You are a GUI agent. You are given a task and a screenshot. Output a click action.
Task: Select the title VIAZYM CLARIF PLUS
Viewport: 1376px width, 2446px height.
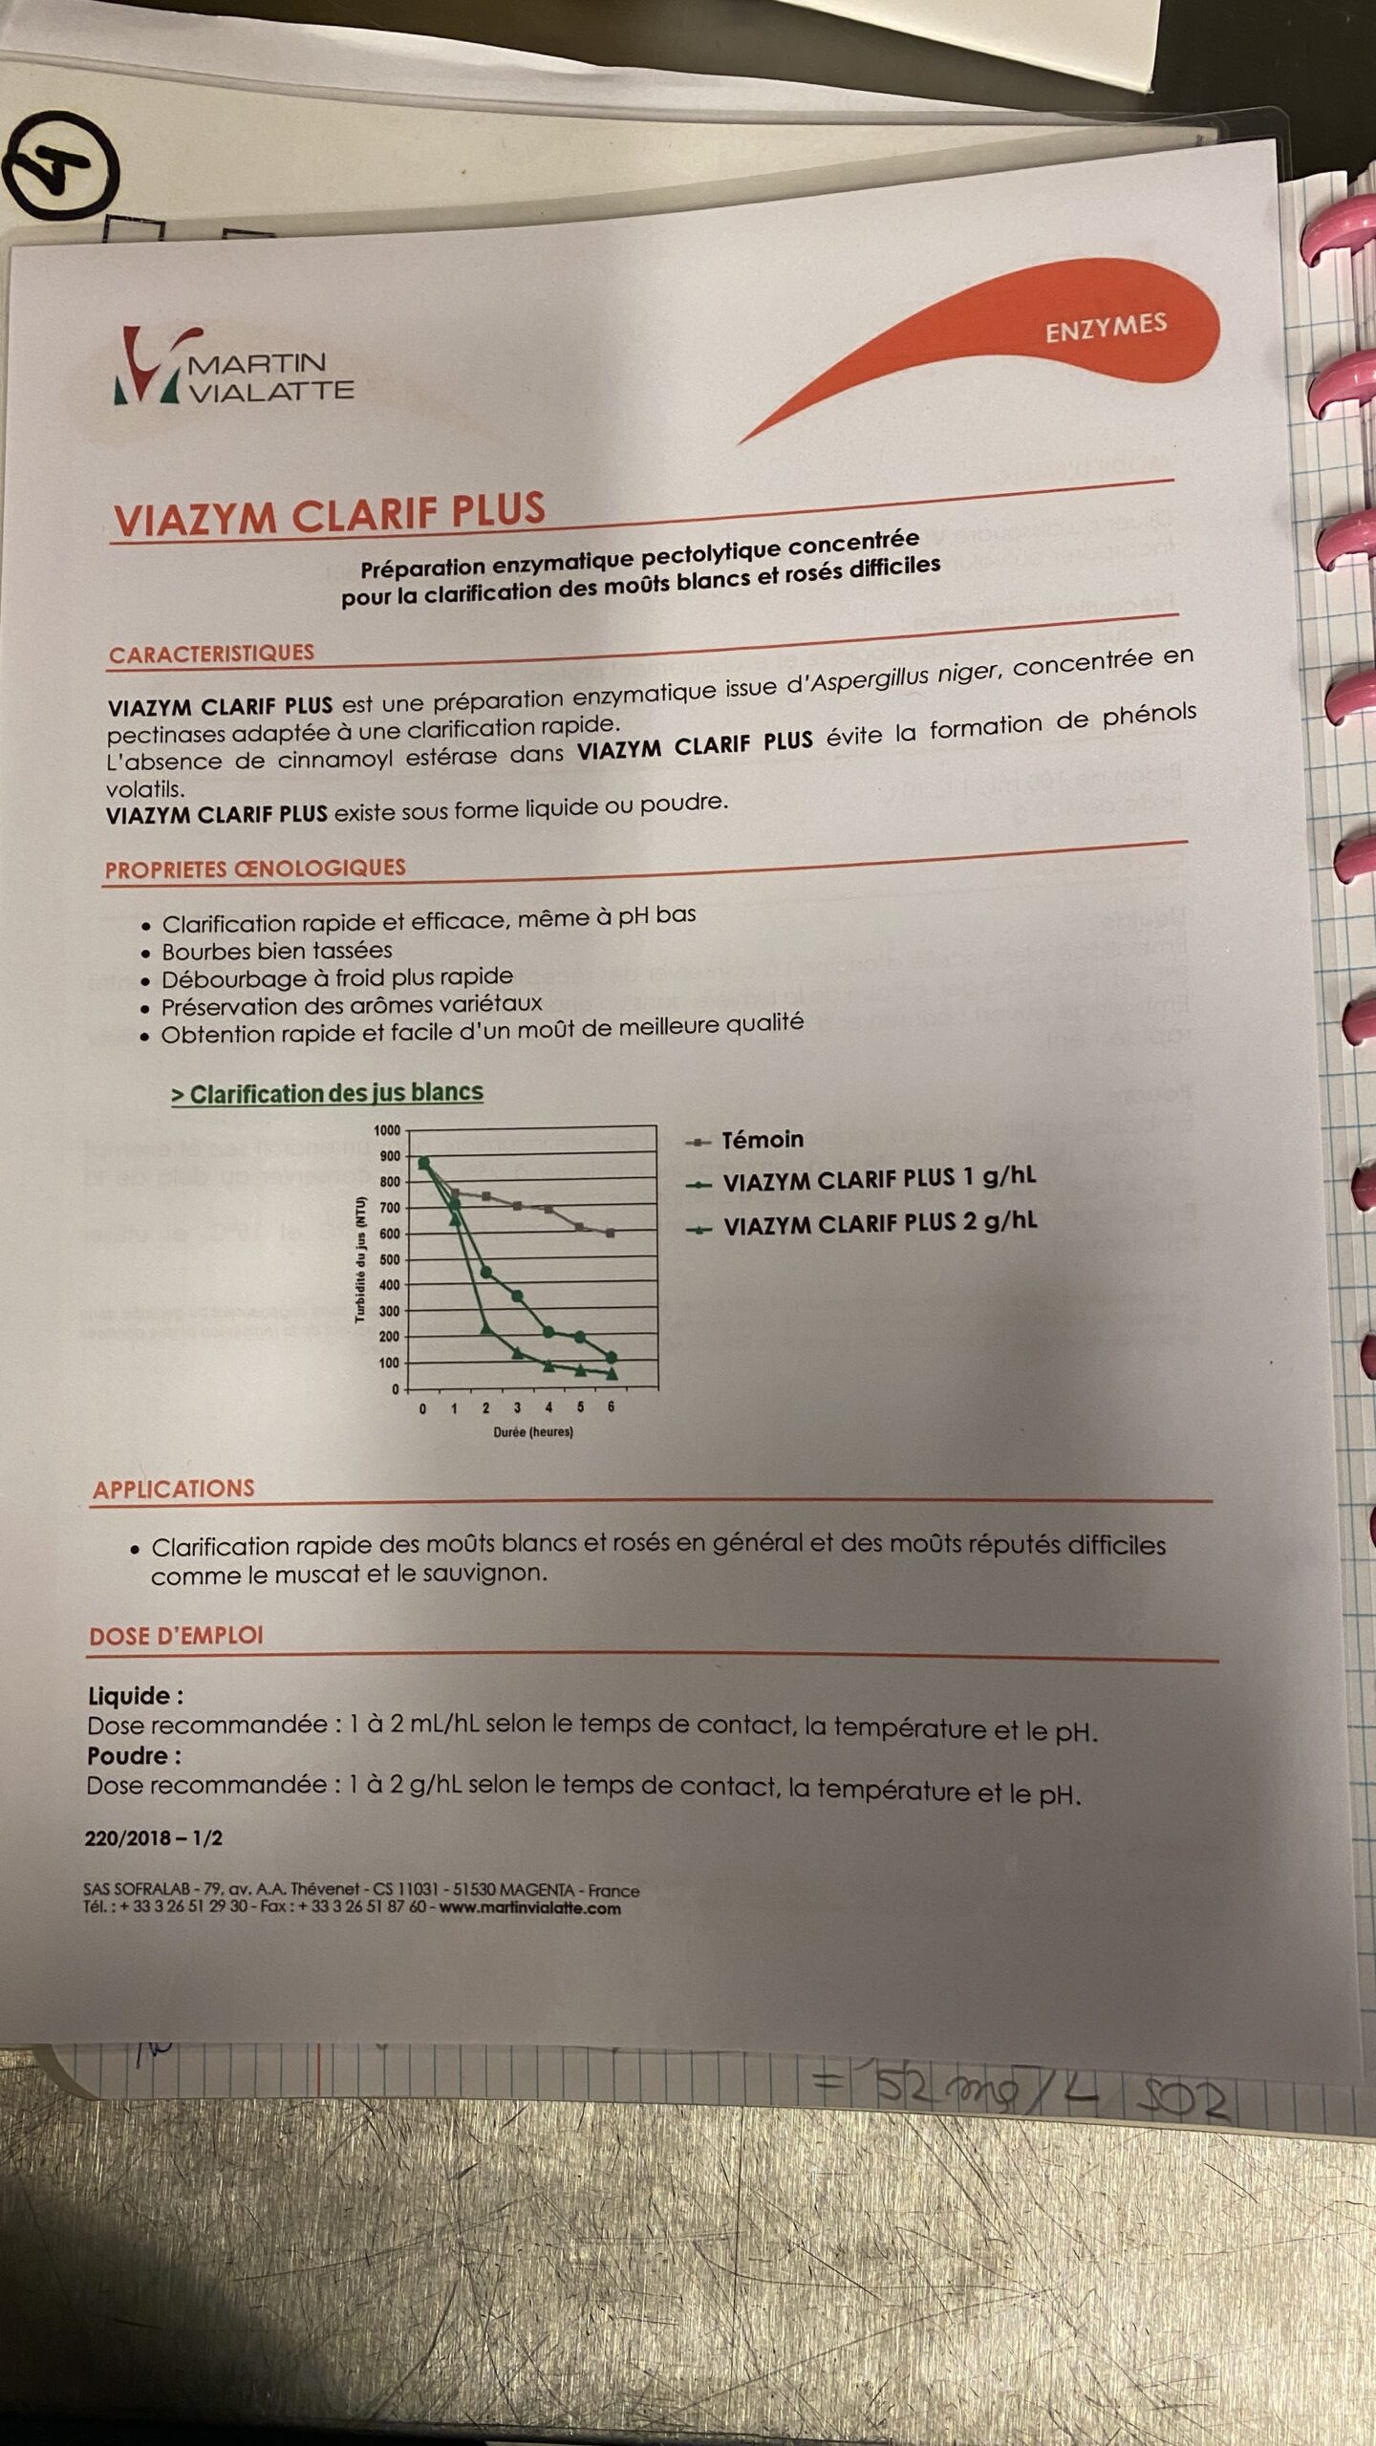coord(330,513)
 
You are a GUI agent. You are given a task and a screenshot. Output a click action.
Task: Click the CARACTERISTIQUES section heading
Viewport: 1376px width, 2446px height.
coord(211,654)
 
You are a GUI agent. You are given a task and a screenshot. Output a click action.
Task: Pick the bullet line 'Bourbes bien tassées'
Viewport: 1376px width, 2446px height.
coord(276,951)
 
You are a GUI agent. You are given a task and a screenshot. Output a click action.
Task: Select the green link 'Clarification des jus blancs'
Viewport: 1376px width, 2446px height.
coord(328,1093)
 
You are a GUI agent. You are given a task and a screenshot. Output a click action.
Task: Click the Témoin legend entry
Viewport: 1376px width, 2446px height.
coord(762,1140)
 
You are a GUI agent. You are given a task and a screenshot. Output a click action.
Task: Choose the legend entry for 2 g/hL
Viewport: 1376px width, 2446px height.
coord(879,1224)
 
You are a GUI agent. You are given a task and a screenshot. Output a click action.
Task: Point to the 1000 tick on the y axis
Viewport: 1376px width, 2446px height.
coord(387,1130)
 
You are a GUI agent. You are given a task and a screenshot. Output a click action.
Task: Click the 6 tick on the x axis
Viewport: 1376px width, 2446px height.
coord(611,1407)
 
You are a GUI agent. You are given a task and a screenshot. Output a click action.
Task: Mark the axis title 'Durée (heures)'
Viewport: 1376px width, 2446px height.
coord(533,1432)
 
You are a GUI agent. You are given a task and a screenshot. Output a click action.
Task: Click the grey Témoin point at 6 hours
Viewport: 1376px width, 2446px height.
coord(610,1233)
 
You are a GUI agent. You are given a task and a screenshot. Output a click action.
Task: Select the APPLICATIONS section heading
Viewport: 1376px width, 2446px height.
coord(174,1489)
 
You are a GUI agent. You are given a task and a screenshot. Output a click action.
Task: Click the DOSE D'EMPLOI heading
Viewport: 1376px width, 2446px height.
coord(176,1636)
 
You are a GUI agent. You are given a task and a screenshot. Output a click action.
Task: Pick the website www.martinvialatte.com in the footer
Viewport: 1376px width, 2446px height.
coord(529,1908)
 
